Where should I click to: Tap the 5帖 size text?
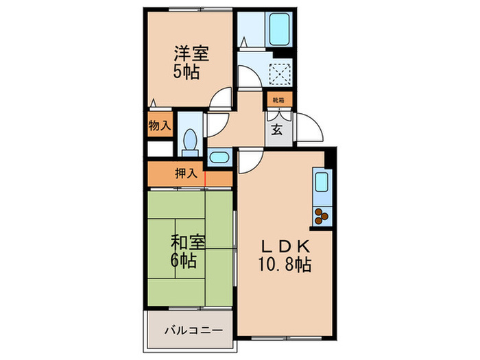tap(187, 71)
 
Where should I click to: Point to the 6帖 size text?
tap(184, 261)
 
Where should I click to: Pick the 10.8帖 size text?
tap(285, 265)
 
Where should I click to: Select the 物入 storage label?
tap(159, 126)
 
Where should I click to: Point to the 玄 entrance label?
tap(276, 131)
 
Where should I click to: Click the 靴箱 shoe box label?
tap(278, 101)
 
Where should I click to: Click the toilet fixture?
tap(191, 141)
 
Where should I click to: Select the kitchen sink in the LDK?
tap(321, 184)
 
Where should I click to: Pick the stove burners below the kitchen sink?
tap(321, 217)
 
